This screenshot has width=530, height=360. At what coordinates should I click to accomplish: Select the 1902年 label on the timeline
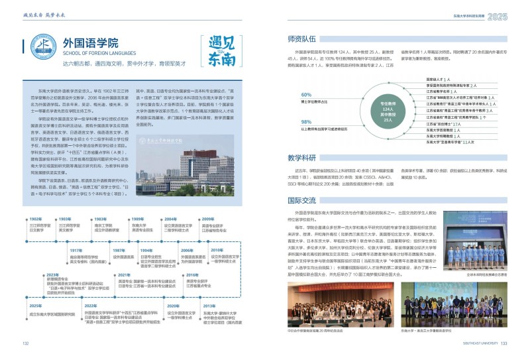(36, 218)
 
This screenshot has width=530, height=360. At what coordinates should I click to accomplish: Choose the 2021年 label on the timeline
(124, 274)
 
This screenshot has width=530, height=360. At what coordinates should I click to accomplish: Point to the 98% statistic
(306, 122)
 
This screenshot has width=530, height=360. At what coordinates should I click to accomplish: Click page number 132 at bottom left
(26, 343)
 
